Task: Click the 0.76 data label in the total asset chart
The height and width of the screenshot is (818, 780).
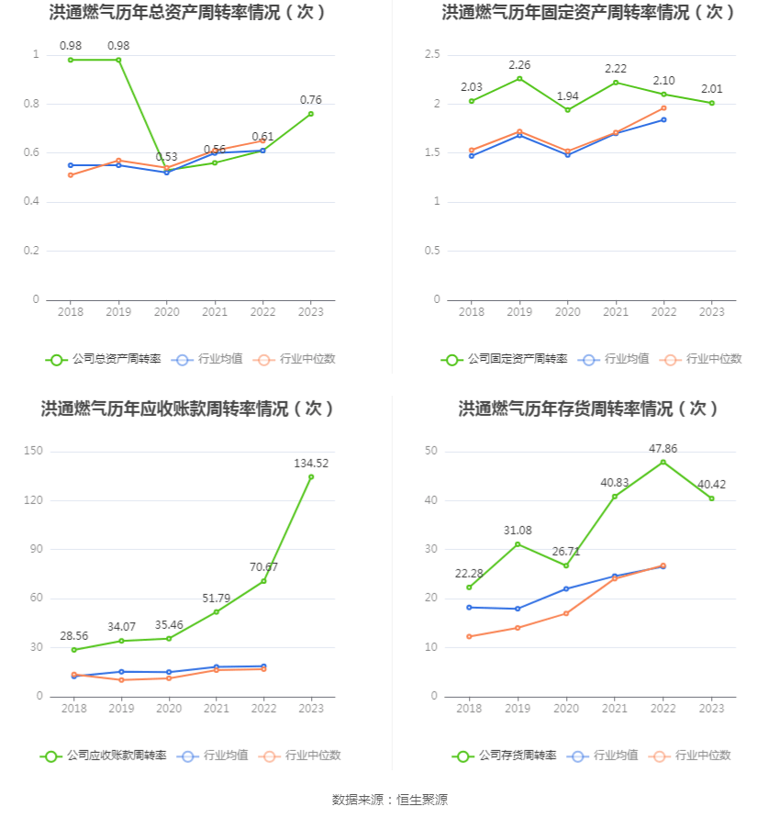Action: [311, 100]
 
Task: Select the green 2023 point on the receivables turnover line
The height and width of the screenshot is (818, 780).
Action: [311, 476]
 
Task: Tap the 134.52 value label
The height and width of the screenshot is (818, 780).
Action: [311, 464]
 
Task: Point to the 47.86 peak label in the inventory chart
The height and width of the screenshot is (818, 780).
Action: [663, 449]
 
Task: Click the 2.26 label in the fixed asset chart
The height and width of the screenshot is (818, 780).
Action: [519, 65]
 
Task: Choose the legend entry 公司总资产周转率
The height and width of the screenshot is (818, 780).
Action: [103, 359]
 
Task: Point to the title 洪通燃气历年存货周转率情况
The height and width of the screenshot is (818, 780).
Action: [589, 409]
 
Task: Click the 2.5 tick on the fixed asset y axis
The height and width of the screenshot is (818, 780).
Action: [432, 55]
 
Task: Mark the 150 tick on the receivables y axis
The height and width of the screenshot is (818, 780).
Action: [34, 452]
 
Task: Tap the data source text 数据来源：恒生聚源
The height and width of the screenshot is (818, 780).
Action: [389, 800]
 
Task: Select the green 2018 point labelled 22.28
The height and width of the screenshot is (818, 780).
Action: [469, 588]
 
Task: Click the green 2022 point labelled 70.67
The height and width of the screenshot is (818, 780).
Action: [263, 581]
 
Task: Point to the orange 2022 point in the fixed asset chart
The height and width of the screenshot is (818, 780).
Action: [663, 108]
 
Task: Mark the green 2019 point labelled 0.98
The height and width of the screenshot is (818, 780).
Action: [118, 60]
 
